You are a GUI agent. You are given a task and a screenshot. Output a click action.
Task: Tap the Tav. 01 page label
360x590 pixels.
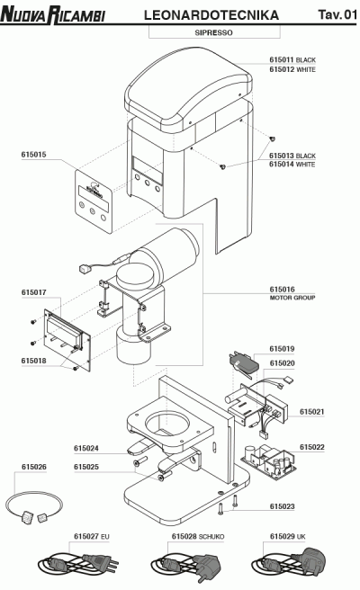point(337,15)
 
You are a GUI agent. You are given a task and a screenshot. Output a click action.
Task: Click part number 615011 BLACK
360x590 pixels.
point(292,59)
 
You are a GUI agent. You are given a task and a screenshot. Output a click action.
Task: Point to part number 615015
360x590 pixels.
point(34,154)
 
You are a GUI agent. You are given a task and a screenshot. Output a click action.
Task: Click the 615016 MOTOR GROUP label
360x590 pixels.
point(292,293)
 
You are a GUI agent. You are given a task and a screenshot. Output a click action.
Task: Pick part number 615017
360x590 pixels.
point(34,292)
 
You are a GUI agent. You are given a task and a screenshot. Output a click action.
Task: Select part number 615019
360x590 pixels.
point(282,348)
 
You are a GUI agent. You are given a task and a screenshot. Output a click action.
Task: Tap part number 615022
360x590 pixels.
point(312,446)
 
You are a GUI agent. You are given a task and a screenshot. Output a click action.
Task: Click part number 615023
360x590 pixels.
point(282,506)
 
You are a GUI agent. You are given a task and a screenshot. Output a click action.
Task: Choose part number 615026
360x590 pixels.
point(34,467)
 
